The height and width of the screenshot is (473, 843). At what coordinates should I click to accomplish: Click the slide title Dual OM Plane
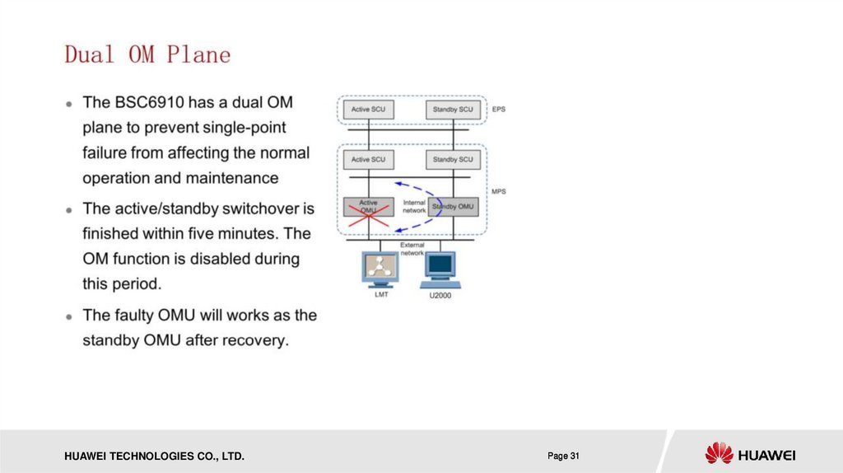pyautogui.click(x=148, y=55)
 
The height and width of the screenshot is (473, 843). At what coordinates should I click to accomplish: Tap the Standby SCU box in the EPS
pyautogui.click(x=453, y=109)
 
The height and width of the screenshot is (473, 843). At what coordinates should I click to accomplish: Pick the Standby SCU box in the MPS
pyautogui.click(x=453, y=159)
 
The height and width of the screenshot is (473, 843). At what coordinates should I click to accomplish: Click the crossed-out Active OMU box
pyautogui.click(x=369, y=206)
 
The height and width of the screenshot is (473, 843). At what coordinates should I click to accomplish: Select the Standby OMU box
pyautogui.click(x=453, y=206)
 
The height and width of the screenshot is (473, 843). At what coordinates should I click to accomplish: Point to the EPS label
pyautogui.click(x=499, y=109)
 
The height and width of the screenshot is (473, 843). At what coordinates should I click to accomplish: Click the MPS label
pyautogui.click(x=499, y=192)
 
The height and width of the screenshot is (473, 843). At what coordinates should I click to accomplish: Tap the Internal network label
pyautogui.click(x=414, y=206)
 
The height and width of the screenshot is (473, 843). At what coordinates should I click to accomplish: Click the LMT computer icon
pyautogui.click(x=379, y=268)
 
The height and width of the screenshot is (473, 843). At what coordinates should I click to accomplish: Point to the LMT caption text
pyautogui.click(x=380, y=293)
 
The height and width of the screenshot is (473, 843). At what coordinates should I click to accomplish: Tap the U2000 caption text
pyautogui.click(x=440, y=294)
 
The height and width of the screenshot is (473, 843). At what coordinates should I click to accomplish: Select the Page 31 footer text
pyautogui.click(x=564, y=456)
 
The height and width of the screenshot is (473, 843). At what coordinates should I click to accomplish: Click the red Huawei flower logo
pyautogui.click(x=719, y=452)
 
